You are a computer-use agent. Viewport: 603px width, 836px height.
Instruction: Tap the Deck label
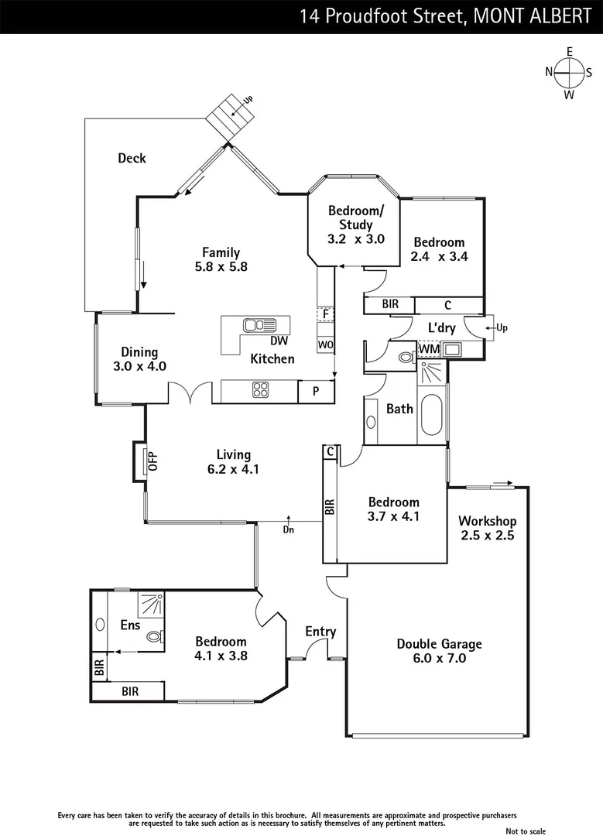click(132, 158)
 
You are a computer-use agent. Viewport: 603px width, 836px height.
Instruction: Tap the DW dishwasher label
click(279, 341)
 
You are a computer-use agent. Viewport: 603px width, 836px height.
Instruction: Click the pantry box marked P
click(316, 392)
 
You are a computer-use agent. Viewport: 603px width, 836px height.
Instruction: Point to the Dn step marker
click(288, 528)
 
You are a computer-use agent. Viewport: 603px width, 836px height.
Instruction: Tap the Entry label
click(320, 632)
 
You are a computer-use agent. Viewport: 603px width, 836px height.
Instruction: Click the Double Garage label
click(439, 650)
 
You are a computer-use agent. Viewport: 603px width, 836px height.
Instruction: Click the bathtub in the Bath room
click(432, 416)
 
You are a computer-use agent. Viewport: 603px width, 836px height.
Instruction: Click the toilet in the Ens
click(154, 637)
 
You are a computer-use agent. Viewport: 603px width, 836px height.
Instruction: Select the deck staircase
click(230, 116)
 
